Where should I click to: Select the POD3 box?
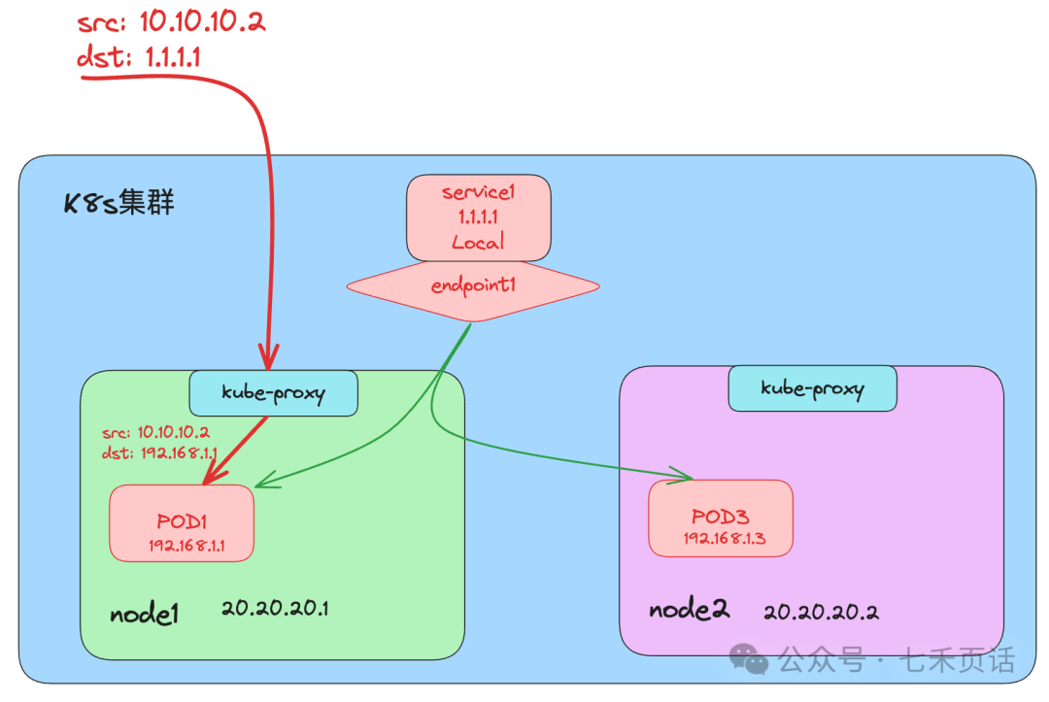721,518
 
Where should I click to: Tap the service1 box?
478,217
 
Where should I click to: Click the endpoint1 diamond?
473,285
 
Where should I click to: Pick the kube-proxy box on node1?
273,393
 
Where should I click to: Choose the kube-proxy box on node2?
812,388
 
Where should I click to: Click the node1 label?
144,614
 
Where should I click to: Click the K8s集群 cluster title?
119,205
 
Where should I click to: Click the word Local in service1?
478,243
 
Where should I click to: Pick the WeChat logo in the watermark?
750,660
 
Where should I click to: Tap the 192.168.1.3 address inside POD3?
724,539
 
